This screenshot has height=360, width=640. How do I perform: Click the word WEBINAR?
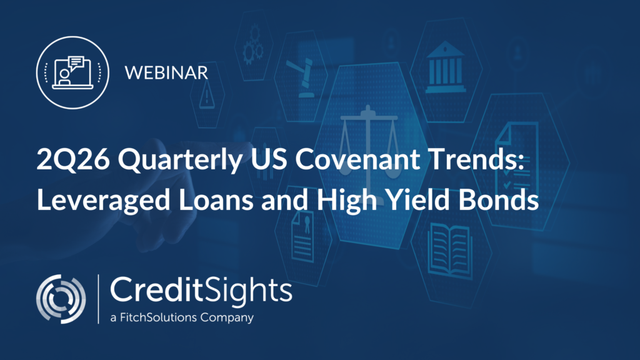click(x=166, y=72)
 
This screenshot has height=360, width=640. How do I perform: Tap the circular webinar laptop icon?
click(x=72, y=72)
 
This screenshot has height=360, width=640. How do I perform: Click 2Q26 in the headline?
click(x=73, y=159)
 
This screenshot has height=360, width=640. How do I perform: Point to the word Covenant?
click(x=357, y=159)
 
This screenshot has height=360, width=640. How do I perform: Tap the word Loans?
click(x=216, y=200)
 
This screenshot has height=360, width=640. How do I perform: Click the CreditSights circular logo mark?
click(x=61, y=299)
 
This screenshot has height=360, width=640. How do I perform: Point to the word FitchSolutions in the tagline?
click(x=158, y=317)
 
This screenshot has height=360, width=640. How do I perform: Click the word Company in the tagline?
click(x=227, y=317)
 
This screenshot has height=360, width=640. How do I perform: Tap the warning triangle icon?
click(x=206, y=95)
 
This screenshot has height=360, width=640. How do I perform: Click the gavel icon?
click(x=301, y=77)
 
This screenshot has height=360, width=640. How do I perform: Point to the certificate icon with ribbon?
click(x=303, y=237)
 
